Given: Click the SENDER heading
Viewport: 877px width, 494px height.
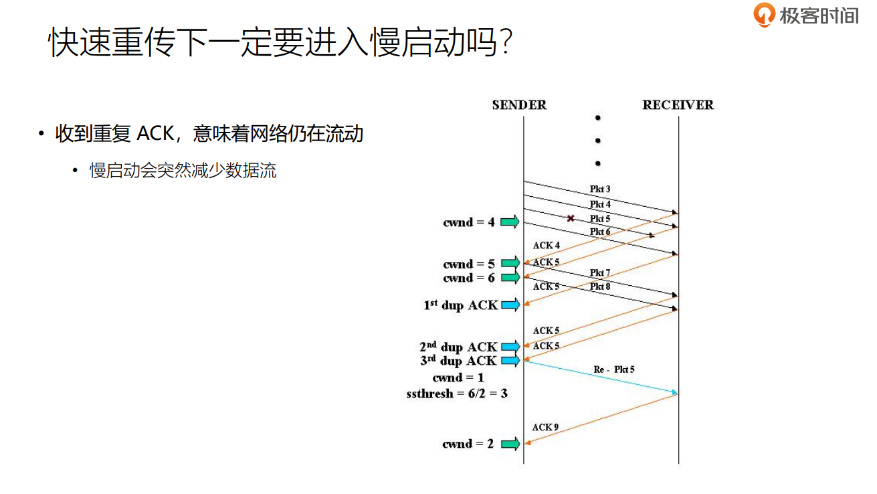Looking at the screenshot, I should (x=519, y=105).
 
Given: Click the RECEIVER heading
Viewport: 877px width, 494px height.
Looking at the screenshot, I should (x=678, y=105).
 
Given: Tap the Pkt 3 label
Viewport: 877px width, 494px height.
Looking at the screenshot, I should (x=600, y=189).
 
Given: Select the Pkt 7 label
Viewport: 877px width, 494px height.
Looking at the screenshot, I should (x=600, y=272).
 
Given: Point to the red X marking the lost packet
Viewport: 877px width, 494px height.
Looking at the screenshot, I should (x=571, y=218).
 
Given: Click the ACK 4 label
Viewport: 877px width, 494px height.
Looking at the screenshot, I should (x=547, y=246).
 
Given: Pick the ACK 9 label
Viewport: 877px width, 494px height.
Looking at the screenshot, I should (x=546, y=427).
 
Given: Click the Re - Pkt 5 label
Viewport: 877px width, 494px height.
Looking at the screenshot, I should (x=614, y=369).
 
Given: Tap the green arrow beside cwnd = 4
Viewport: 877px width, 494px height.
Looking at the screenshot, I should (x=510, y=222).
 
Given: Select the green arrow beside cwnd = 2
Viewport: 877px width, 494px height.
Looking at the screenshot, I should (x=510, y=443).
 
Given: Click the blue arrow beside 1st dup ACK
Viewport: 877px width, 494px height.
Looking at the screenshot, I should (x=510, y=305).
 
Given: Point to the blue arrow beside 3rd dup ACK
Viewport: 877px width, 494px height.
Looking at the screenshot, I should (x=510, y=361).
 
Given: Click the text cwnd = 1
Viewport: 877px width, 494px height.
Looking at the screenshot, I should (x=458, y=378).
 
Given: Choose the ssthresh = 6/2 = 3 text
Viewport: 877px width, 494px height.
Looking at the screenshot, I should (x=457, y=394).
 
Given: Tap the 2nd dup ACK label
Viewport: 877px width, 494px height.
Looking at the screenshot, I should (x=458, y=347).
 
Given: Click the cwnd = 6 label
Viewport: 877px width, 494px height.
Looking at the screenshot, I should (x=469, y=278).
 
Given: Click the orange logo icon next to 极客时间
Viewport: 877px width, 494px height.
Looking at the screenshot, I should (x=764, y=15).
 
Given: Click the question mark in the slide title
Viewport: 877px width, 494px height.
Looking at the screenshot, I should (x=506, y=44).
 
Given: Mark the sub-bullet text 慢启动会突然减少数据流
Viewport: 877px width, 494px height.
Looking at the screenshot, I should (x=183, y=171).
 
